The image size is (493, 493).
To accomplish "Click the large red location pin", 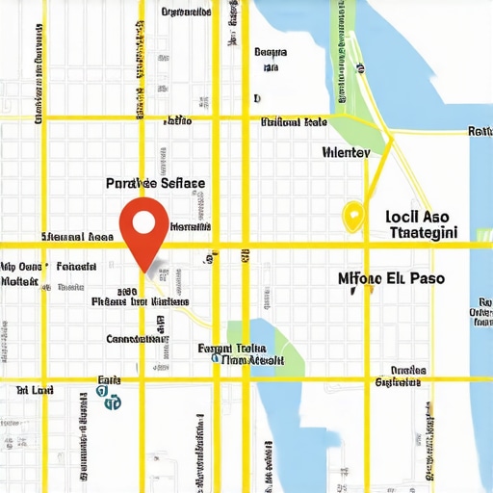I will tap(143, 228).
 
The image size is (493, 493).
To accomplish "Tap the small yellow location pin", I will tap(352, 216).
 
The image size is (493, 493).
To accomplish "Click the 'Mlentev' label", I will tap(346, 151).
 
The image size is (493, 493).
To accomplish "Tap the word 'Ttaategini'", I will tap(425, 233).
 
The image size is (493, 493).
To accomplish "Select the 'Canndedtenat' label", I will tap(138, 339).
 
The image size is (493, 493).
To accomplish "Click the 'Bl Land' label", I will tap(35, 390).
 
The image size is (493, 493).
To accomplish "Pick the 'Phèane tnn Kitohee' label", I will tap(141, 301).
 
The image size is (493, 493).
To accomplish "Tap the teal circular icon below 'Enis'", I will tap(113, 401).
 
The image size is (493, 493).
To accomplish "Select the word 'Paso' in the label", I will tap(426, 278).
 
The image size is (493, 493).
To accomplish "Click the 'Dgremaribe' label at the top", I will tap(186, 13).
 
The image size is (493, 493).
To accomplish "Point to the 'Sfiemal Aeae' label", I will tap(77, 236).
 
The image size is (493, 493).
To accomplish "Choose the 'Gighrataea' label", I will tap(398, 381).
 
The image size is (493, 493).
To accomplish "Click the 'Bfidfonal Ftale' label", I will tap(294, 122).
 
